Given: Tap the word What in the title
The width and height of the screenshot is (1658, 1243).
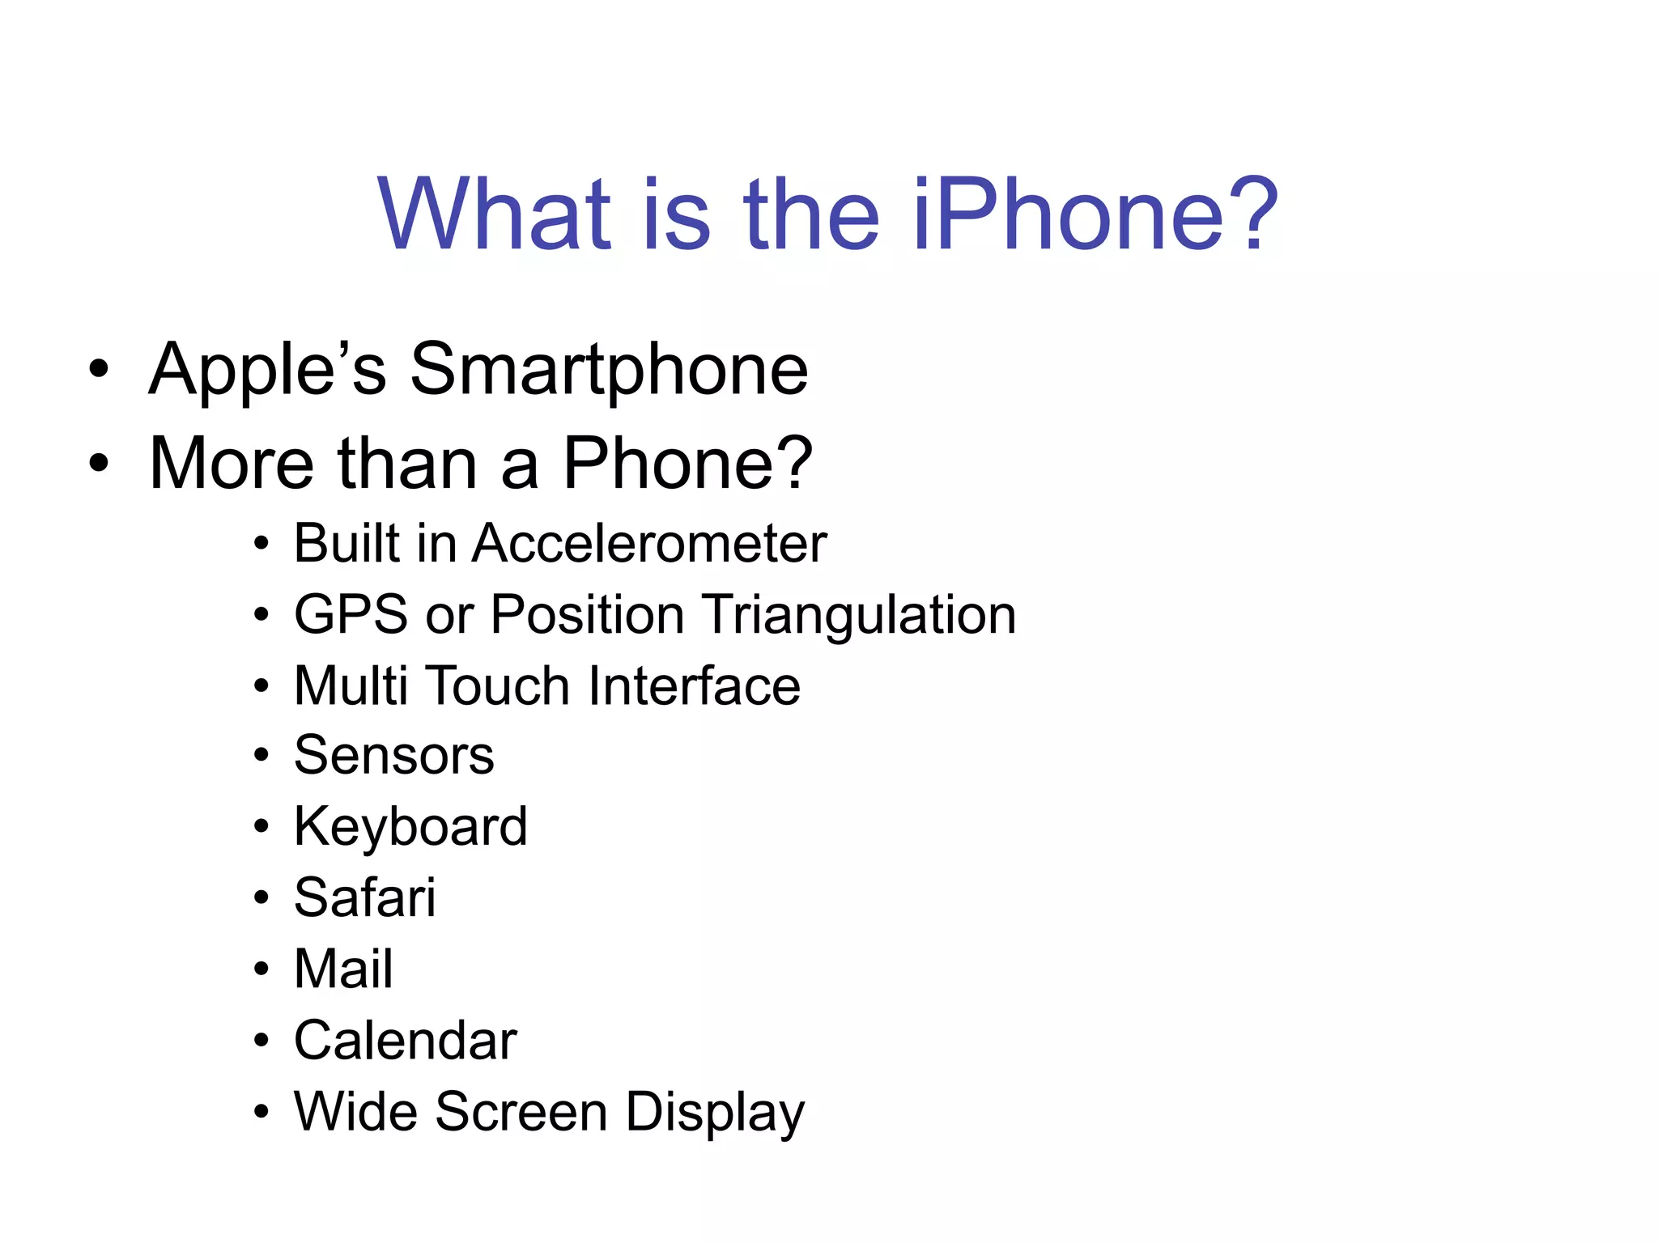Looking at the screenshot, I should coord(495,215).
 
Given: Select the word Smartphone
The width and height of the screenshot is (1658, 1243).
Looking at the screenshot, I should coord(609,371).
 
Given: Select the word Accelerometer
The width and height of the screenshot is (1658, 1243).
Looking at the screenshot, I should coord(649,543).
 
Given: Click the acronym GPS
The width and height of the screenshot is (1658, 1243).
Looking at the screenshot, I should coord(351,615).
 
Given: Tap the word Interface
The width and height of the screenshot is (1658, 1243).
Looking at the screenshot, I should coord(694,686).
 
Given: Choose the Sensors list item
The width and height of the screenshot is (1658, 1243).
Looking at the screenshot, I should coord(393,756).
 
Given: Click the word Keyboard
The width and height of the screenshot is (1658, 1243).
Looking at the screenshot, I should coord(410,827).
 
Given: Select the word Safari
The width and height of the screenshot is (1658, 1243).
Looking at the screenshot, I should coord(364,898).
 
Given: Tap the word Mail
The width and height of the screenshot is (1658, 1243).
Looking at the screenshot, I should coord(343,969).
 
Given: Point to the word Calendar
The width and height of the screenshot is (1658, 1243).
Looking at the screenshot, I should coord(405,1041).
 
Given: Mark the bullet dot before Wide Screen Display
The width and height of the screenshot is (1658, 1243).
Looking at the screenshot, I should coord(261,1112).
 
